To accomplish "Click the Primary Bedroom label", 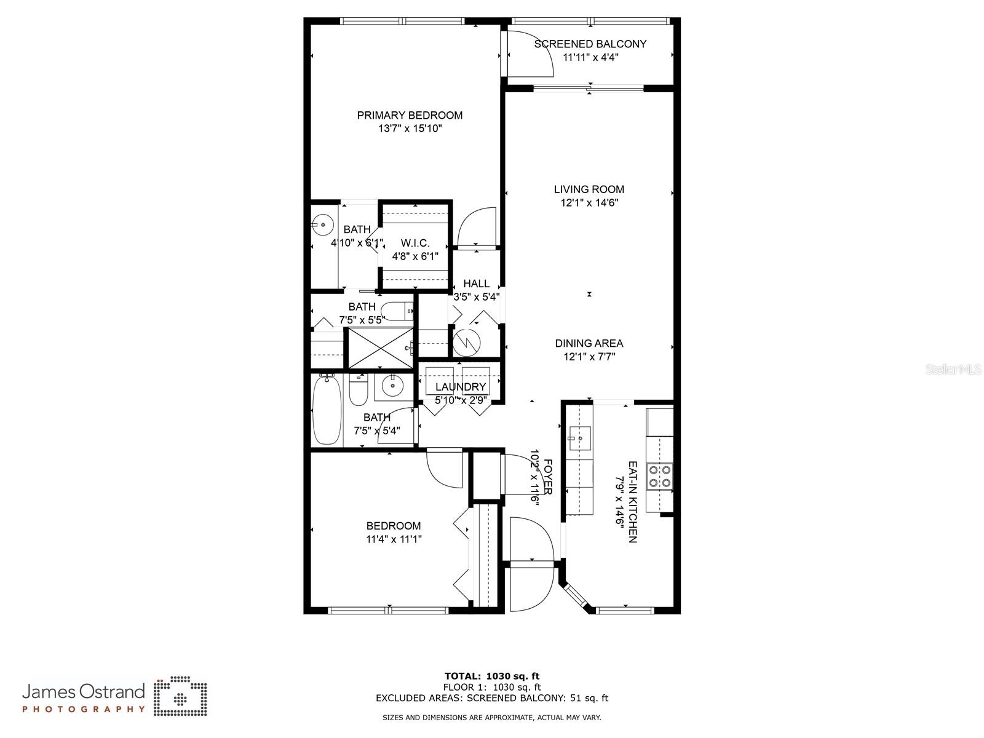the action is point(410,115).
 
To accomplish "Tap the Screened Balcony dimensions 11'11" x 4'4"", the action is point(590,57).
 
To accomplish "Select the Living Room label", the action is point(589,189).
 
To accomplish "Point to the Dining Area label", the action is point(589,343).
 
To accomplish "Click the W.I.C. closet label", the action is point(415,243).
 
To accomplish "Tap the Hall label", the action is point(476,284).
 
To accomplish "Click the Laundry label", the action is point(461,387).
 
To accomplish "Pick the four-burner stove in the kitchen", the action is point(660,476).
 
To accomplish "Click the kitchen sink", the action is point(579,438).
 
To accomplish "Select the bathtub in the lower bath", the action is point(327,410).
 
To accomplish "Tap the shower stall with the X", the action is point(381,348).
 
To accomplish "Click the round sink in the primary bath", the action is point(322,224).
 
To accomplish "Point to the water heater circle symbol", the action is point(466,343).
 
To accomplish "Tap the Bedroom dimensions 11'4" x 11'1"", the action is point(394,539).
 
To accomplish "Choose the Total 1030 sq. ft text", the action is point(492,676).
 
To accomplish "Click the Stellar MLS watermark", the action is point(953,370).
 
